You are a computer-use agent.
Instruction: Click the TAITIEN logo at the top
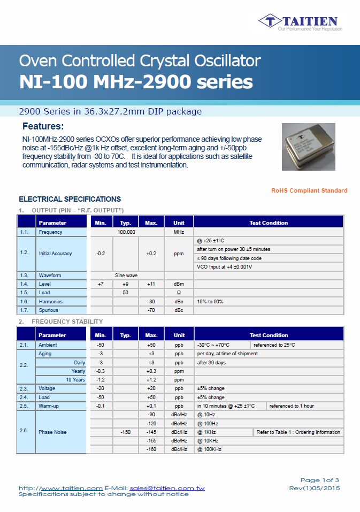point(300,21)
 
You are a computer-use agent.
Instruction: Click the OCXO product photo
point(308,147)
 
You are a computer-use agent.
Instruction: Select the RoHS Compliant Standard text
point(309,190)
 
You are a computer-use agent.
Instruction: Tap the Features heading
point(43,127)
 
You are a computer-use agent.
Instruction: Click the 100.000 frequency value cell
point(126,232)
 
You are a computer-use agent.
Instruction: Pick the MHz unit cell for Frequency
point(179,232)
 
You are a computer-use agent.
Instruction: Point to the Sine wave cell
point(126,276)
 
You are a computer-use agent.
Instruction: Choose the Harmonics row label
point(50,302)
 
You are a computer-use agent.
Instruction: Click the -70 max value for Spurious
point(151,310)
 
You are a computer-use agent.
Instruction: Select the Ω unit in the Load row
point(179,293)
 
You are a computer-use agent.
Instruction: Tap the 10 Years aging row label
point(75,380)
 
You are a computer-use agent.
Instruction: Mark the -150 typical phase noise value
point(126,432)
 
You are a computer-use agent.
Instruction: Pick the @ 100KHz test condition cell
point(209,449)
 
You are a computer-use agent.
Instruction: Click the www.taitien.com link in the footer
point(72,488)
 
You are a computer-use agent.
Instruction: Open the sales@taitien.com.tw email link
point(167,488)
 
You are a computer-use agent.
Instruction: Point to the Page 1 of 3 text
point(319,480)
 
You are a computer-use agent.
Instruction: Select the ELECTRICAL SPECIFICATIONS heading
point(70,199)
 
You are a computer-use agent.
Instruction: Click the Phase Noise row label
point(52,432)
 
